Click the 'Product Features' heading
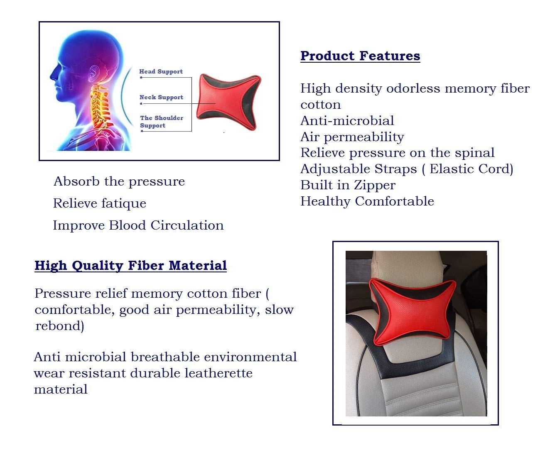[360, 56]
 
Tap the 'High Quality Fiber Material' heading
[131, 265]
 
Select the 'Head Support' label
[161, 71]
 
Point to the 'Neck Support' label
[162, 98]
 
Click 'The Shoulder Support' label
[162, 122]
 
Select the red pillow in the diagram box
[229, 102]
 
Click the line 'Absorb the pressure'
[119, 182]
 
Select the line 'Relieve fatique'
[100, 203]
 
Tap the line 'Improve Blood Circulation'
[138, 225]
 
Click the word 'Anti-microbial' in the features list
[347, 121]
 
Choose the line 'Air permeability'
[352, 137]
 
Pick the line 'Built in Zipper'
[348, 186]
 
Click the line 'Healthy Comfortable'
[367, 201]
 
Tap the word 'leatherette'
[219, 373]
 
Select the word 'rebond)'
[60, 326]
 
